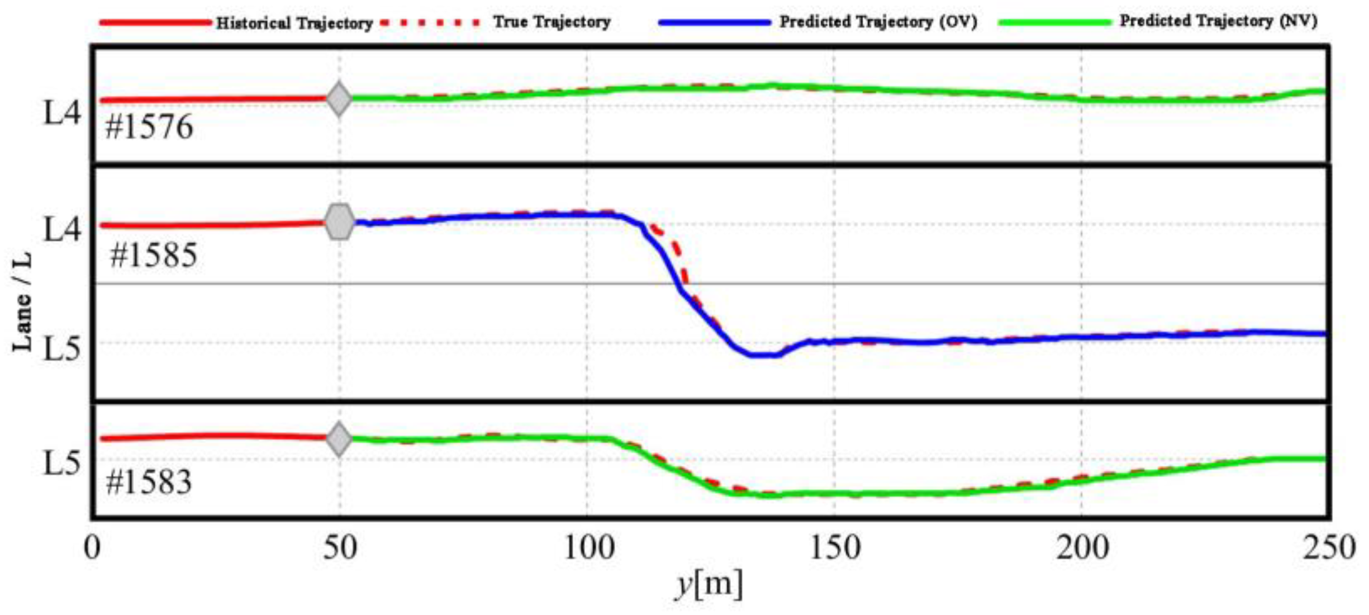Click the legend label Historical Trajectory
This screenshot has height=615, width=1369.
294,23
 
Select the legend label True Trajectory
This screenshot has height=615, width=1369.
552,22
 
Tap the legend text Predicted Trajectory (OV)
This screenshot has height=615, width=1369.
878,22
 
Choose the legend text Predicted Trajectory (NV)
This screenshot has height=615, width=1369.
1218,21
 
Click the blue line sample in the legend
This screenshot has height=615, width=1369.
715,23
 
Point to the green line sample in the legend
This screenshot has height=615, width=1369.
1054,22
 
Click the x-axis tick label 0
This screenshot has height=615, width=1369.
92,548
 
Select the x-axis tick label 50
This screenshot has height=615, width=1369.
340,548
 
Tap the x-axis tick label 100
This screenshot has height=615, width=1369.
588,548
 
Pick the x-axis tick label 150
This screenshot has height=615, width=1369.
835,548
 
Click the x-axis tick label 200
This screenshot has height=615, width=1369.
1082,548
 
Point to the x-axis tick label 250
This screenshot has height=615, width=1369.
1329,548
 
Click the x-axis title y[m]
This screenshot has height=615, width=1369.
709,585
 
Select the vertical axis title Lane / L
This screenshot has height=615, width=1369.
22,302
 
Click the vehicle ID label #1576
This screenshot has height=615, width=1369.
149,127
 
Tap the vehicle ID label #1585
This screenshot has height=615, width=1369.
154,256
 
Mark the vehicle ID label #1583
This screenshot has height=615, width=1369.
149,481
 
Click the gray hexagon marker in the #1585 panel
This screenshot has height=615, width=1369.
340,222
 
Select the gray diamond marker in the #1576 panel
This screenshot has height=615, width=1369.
339,99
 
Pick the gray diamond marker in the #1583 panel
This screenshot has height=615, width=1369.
339,439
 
